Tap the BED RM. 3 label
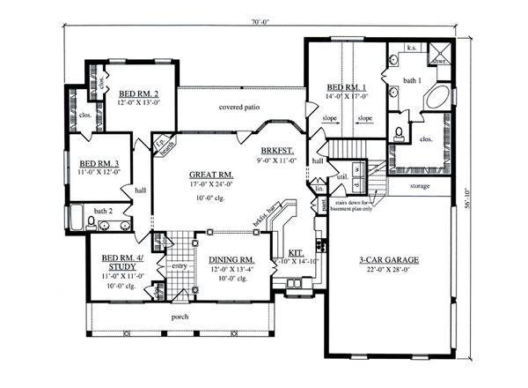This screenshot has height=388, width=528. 99,163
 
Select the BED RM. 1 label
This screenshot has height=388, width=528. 348,88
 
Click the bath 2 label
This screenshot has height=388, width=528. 105,211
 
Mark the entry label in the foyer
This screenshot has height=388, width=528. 180,265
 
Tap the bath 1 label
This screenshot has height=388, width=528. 413,81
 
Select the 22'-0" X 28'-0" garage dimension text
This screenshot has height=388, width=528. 388,271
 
